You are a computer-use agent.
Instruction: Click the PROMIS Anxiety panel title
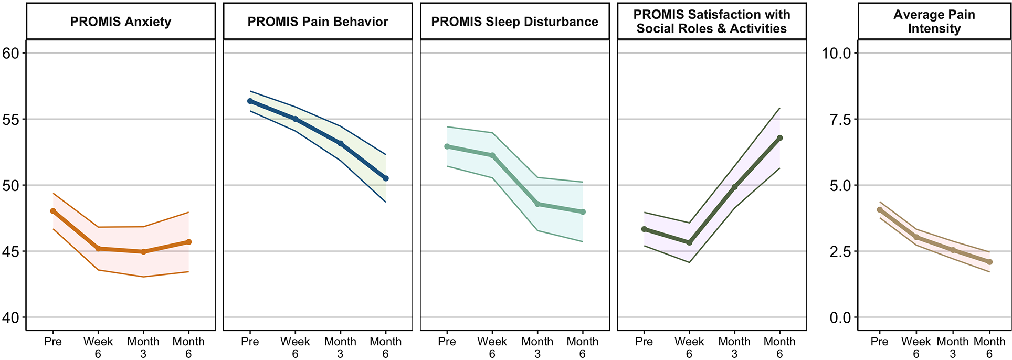(x=121, y=22)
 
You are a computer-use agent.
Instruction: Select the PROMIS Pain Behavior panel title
(x=318, y=22)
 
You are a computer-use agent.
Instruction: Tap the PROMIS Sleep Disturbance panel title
(x=515, y=22)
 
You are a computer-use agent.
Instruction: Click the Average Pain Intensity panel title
(x=934, y=22)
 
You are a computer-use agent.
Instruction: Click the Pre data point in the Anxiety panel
(x=53, y=211)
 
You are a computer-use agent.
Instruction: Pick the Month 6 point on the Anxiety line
(x=188, y=242)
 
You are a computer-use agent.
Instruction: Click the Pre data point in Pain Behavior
(x=250, y=101)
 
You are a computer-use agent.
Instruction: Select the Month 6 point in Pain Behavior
(x=386, y=178)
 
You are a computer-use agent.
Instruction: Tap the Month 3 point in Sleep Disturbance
(x=537, y=204)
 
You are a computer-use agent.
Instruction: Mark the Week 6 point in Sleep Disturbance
(x=492, y=155)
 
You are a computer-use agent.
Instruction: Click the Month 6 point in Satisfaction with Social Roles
(x=779, y=138)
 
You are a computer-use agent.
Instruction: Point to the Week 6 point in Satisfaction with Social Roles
(x=690, y=242)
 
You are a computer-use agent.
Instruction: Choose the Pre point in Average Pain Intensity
(x=880, y=210)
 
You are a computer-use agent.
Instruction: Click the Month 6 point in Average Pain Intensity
(x=989, y=262)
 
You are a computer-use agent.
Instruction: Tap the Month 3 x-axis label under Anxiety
(x=143, y=347)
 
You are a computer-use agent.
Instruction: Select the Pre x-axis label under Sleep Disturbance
(x=447, y=342)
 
